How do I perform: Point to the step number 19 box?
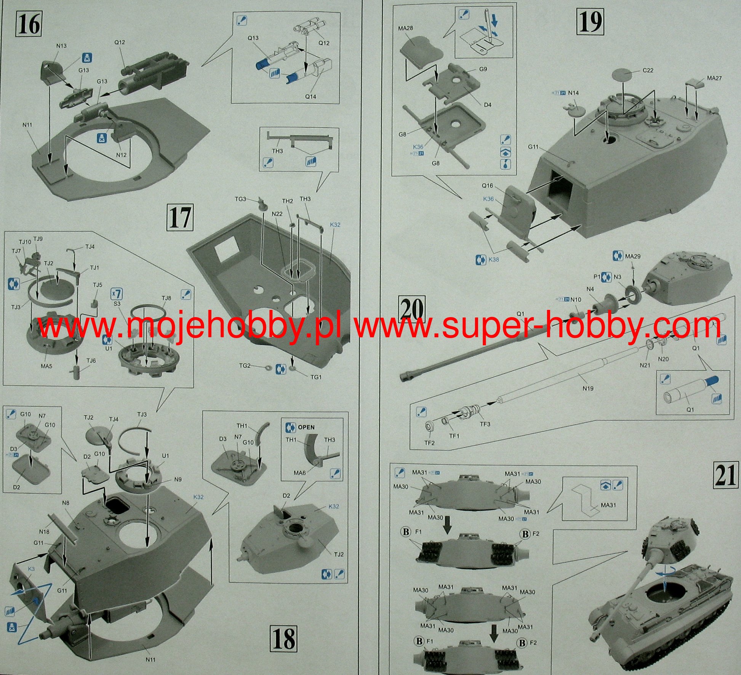(x=591, y=22)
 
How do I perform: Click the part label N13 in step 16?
(x=61, y=46)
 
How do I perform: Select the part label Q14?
(x=310, y=96)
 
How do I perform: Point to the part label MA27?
(x=714, y=78)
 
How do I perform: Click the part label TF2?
(x=429, y=443)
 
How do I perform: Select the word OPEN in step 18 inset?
(x=306, y=427)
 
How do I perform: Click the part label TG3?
(x=240, y=199)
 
